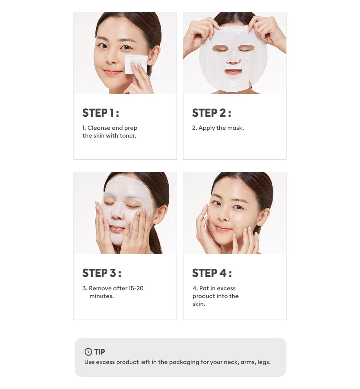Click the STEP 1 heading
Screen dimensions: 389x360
click(101, 113)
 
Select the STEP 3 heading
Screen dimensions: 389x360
click(102, 273)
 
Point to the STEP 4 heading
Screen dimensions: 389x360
click(212, 273)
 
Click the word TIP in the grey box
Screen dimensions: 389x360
click(100, 352)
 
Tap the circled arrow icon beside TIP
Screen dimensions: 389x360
click(88, 352)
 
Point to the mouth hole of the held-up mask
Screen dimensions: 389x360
click(233, 72)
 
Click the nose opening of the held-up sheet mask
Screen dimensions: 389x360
click(233, 60)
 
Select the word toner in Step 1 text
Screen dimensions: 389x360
click(128, 136)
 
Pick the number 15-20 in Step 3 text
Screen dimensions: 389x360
click(136, 288)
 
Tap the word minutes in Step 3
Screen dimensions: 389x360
click(102, 296)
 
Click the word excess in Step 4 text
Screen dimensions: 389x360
click(226, 288)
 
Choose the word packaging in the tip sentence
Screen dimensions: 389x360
click(184, 362)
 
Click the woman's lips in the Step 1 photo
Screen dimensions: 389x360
click(113, 72)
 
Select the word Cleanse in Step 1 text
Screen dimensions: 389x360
click(99, 128)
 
